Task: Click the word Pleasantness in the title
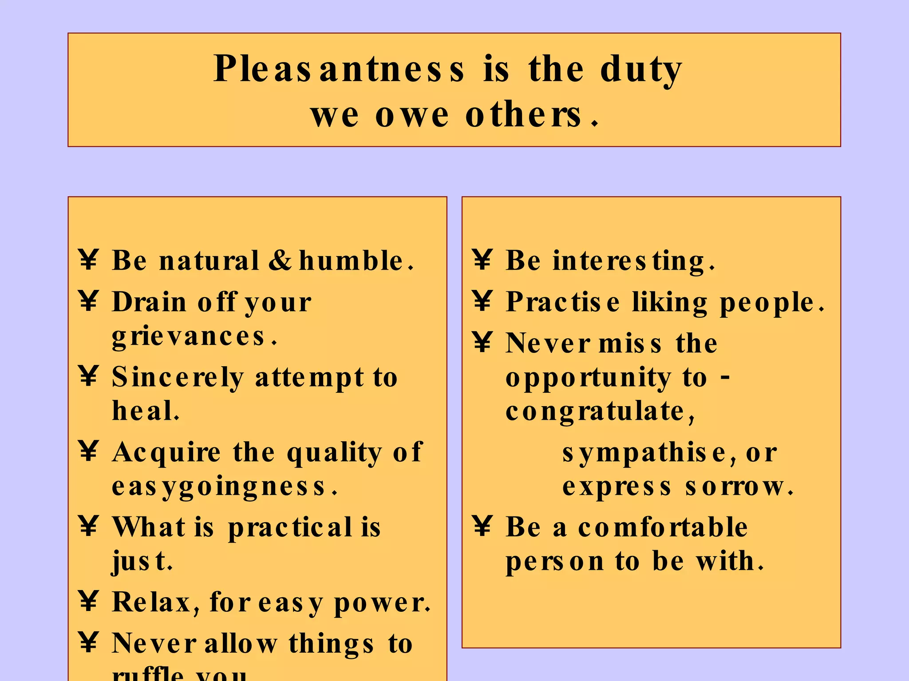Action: [x=339, y=70]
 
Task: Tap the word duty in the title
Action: [x=640, y=70]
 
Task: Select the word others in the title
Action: [x=524, y=115]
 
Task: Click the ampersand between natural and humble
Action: [x=280, y=260]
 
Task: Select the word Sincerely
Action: [x=178, y=378]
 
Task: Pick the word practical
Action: [x=290, y=528]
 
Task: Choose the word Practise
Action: [x=563, y=303]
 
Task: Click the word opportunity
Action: [x=588, y=378]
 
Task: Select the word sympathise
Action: [x=644, y=454]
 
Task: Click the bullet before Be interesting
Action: [x=482, y=259]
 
